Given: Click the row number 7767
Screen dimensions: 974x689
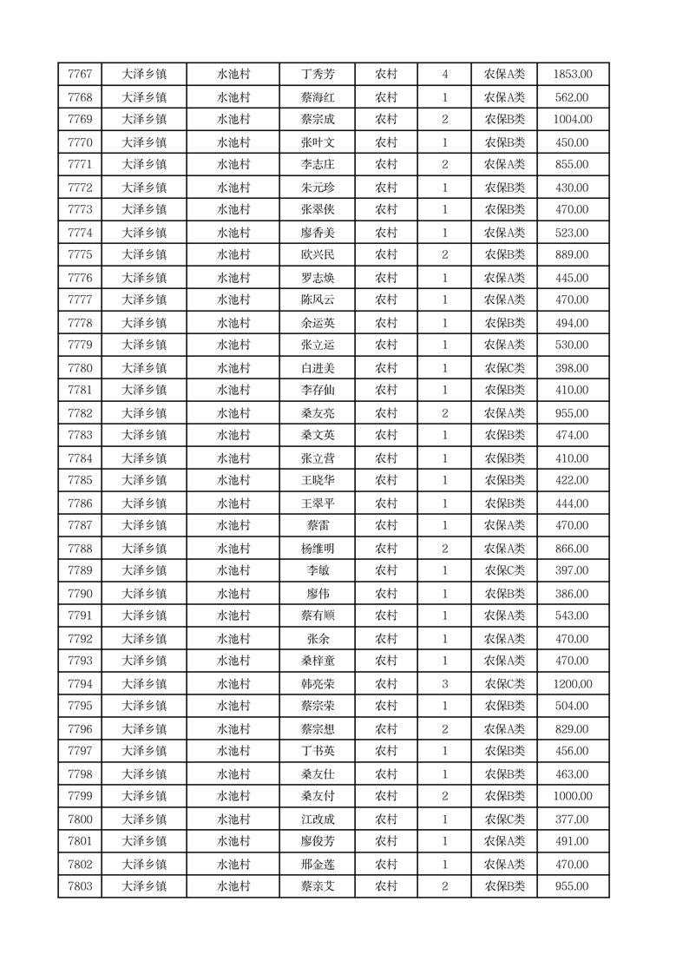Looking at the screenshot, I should [80, 75].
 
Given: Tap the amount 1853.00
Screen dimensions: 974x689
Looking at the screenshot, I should [572, 75].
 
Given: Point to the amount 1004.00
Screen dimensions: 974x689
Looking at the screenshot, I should [572, 120].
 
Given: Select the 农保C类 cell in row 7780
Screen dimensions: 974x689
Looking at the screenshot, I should [504, 368].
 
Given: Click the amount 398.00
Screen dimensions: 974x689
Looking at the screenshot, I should [572, 368].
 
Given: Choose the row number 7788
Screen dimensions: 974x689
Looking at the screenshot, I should [80, 549].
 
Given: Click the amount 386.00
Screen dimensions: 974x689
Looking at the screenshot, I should [572, 594].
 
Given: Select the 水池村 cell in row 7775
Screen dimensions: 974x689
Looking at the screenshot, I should [233, 255].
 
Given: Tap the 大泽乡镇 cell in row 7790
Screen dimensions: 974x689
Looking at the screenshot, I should [144, 594].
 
